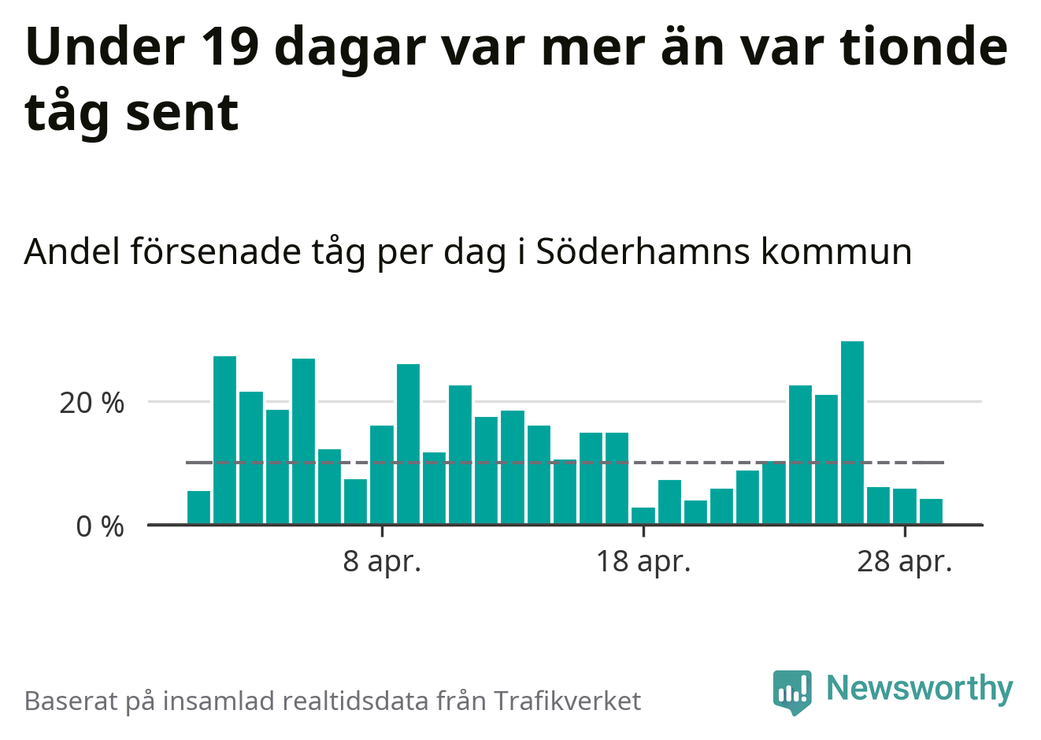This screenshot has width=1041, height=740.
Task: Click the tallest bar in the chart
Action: pyautogui.click(x=852, y=433)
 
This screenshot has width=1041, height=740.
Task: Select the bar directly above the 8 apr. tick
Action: pyautogui.click(x=382, y=475)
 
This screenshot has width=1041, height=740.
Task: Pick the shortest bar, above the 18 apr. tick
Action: pyautogui.click(x=643, y=516)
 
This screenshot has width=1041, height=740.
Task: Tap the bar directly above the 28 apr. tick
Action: pyautogui.click(x=905, y=507)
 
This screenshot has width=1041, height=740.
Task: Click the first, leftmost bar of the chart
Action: pyautogui.click(x=199, y=508)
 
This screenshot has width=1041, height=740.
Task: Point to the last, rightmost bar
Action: pyautogui.click(x=931, y=511)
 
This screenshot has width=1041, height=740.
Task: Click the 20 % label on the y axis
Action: pyautogui.click(x=91, y=403)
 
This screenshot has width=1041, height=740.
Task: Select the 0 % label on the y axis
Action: pyautogui.click(x=100, y=527)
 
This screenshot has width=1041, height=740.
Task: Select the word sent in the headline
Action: pyautogui.click(x=182, y=112)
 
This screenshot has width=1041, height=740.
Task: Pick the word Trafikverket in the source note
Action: pyautogui.click(x=568, y=701)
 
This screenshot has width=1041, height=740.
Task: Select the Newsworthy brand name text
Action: pyautogui.click(x=920, y=688)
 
